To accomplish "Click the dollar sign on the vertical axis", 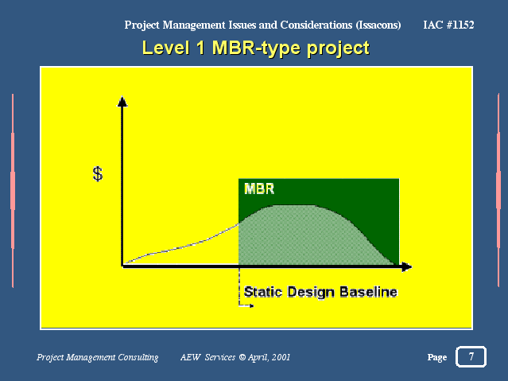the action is click(x=98, y=174).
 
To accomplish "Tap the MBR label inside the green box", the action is click(x=259, y=189).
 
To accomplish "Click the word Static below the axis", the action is click(x=263, y=291).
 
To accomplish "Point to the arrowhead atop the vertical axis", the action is click(x=122, y=101).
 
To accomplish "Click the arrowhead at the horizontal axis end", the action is click(x=406, y=267).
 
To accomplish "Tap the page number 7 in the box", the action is click(x=471, y=356).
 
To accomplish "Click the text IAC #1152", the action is click(x=448, y=25).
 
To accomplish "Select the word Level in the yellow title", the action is click(x=165, y=48).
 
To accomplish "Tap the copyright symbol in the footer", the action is click(x=242, y=357).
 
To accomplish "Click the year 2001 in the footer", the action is click(x=281, y=357).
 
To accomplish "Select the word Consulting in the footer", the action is click(x=138, y=357).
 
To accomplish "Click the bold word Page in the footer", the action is click(x=437, y=357).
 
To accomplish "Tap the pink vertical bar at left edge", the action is click(x=13, y=191).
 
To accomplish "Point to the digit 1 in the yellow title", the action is click(x=201, y=48).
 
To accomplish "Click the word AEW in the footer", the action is click(x=191, y=357).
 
